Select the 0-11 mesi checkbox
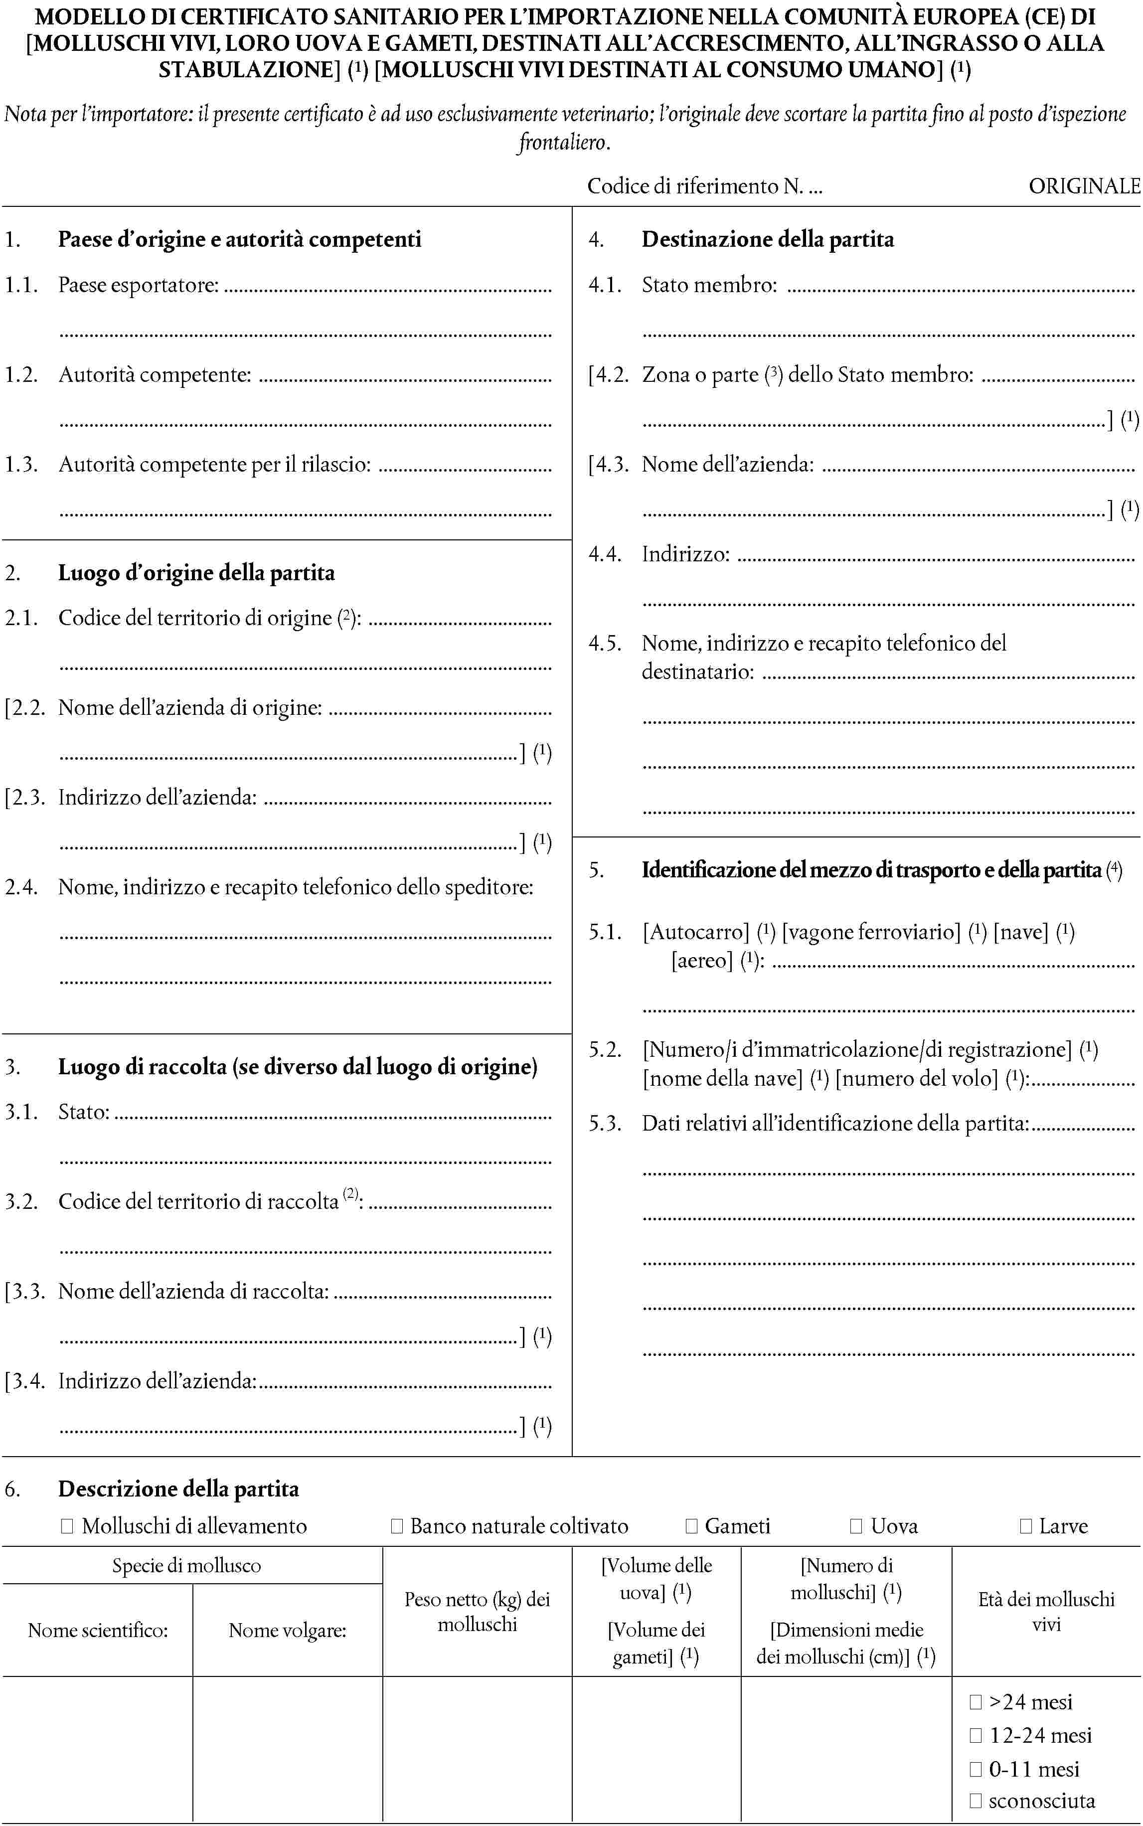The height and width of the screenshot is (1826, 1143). pos(975,1769)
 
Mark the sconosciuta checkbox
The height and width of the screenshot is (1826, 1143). pos(975,1801)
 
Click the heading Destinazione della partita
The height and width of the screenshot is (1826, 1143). pos(767,240)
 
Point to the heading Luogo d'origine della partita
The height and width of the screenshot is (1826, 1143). pos(196,573)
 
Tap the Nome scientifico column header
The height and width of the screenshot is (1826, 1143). pos(98,1630)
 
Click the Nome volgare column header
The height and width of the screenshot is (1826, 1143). pos(287,1630)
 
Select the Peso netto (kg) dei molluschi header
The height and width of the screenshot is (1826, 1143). pos(477,1612)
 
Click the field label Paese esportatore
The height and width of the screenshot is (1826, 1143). pos(139,285)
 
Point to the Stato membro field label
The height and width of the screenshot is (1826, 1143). pos(709,285)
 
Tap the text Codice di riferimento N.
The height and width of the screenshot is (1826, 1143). pos(695,186)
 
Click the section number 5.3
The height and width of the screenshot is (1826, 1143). pos(605,1124)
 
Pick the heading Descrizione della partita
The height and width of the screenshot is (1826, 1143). pos(178,1489)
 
